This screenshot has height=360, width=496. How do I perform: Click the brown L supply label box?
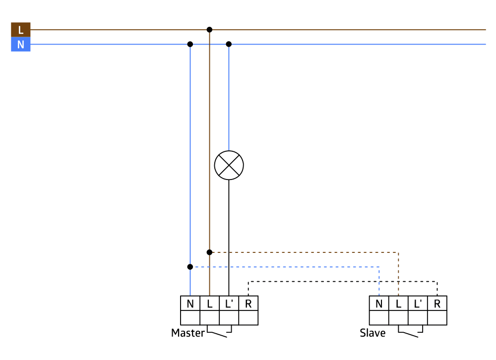(20, 30)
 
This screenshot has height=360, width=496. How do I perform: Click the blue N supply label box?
(20, 45)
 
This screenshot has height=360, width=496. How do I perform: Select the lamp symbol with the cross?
(229, 165)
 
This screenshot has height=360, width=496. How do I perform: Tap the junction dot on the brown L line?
(209, 30)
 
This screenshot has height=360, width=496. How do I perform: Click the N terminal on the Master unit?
(190, 303)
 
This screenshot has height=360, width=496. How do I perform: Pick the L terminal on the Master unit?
(209, 303)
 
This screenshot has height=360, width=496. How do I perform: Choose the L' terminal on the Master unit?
(229, 303)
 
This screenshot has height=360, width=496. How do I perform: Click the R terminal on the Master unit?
(248, 303)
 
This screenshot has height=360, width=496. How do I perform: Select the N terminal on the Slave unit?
(379, 303)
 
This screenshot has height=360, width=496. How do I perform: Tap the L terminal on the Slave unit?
(398, 303)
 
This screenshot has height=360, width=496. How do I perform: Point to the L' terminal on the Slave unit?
(418, 303)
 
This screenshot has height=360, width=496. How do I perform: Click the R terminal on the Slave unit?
(437, 303)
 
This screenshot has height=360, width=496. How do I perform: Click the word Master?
(187, 333)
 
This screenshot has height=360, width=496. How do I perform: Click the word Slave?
(372, 333)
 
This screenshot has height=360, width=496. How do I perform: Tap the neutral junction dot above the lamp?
(229, 44)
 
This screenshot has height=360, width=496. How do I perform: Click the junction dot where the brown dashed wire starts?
(209, 252)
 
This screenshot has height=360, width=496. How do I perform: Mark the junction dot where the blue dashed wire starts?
(190, 267)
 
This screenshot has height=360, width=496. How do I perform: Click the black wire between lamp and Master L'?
(229, 238)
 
